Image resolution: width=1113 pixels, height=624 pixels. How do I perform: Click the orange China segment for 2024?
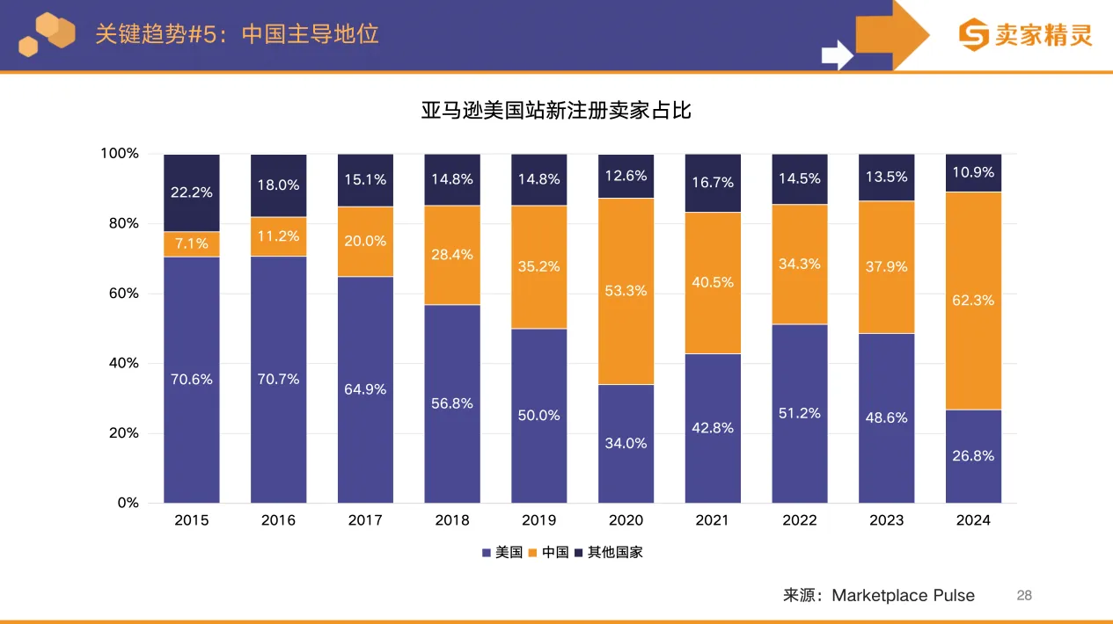[x=973, y=301]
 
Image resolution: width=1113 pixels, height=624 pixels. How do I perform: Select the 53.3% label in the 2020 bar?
[x=626, y=291]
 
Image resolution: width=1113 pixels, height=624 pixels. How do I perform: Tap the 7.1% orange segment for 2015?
[x=192, y=243]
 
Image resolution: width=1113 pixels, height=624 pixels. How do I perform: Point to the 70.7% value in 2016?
[x=278, y=379]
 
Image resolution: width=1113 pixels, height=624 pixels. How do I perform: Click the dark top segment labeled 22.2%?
[x=192, y=192]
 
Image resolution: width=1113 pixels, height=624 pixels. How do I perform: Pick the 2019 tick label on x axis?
[x=538, y=520]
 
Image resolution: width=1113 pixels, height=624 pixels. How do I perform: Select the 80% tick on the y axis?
[x=121, y=223]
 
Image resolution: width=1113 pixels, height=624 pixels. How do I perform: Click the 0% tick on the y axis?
[x=128, y=503]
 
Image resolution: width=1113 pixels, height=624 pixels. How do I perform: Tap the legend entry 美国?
[x=502, y=553]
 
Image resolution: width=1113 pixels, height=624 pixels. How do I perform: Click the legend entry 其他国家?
[x=608, y=553]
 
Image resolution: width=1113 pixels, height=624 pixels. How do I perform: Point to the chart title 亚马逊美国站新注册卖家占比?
[x=556, y=111]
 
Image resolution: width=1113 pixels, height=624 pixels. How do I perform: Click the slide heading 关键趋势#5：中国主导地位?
[x=237, y=34]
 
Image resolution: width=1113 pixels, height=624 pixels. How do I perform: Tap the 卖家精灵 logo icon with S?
[x=973, y=35]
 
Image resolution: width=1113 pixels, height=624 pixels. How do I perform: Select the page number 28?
[x=1024, y=595]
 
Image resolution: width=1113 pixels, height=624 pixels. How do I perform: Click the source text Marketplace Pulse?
[x=903, y=595]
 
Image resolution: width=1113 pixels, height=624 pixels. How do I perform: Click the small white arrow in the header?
[x=837, y=54]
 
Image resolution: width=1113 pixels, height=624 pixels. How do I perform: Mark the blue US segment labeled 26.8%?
[x=973, y=455]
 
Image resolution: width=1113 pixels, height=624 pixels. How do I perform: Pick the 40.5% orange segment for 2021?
[x=713, y=282]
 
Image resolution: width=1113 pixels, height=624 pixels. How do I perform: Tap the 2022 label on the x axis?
[x=800, y=520]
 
